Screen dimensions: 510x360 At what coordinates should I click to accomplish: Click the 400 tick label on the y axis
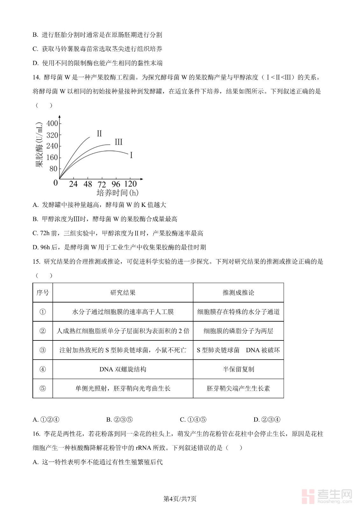pyautogui.click(x=52, y=124)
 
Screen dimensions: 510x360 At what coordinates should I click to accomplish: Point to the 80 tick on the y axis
pyautogui.click(x=53, y=169)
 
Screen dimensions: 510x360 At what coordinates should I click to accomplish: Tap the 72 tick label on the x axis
pyautogui.click(x=102, y=185)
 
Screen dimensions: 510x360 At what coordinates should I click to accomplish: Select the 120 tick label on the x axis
pyautogui.click(x=130, y=184)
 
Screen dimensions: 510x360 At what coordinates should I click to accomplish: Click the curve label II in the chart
pyautogui.click(x=99, y=134)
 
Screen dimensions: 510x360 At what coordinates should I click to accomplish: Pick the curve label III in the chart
pyautogui.click(x=118, y=142)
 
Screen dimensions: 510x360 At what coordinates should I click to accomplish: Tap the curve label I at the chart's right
pyautogui.click(x=131, y=155)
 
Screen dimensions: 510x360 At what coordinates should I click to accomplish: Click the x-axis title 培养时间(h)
pyautogui.click(x=117, y=193)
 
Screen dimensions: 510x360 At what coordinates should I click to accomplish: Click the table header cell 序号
pyautogui.click(x=43, y=293)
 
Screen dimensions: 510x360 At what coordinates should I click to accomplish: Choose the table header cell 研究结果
pyautogui.click(x=123, y=293)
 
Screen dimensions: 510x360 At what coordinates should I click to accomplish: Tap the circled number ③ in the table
pyautogui.click(x=43, y=350)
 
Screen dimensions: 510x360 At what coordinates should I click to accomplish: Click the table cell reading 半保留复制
pyautogui.click(x=238, y=369)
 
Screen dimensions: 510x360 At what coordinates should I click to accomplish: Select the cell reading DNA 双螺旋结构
pyautogui.click(x=123, y=369)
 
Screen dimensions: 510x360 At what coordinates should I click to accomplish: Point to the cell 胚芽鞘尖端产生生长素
pyautogui.click(x=238, y=388)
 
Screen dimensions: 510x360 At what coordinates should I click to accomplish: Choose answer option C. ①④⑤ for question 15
pyautogui.click(x=193, y=419)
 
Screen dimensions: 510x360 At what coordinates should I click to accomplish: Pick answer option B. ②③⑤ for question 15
pyautogui.click(x=119, y=419)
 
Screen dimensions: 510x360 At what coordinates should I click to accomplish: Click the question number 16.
pyautogui.click(x=36, y=434)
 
